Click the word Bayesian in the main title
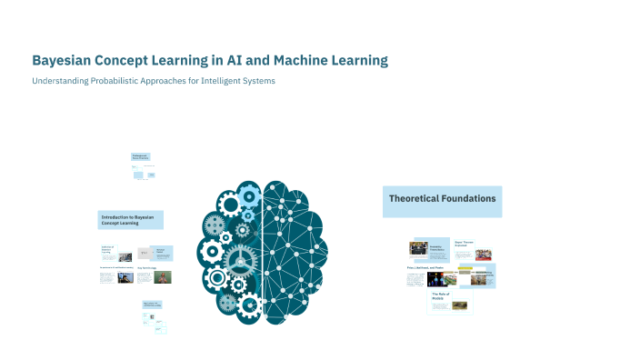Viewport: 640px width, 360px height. [x=65, y=61]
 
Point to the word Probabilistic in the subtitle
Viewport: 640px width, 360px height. [x=105, y=81]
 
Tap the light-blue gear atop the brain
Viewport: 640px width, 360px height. [x=250, y=193]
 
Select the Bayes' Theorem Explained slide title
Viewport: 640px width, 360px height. [x=465, y=244]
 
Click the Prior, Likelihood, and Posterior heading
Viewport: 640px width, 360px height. [x=425, y=268]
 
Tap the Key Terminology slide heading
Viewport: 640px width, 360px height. [x=146, y=268]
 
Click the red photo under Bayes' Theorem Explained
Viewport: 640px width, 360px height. [x=484, y=255]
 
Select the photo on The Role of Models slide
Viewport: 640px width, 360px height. [x=460, y=305]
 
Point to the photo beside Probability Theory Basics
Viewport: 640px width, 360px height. [x=418, y=247]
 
